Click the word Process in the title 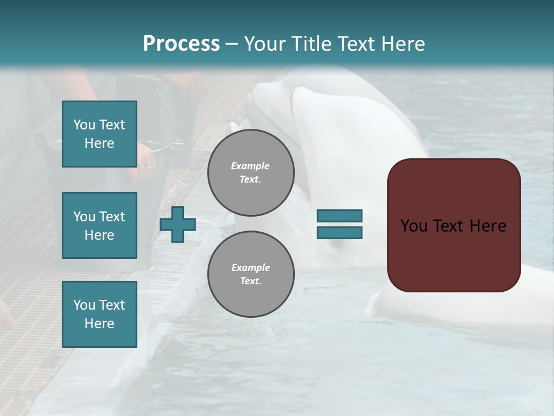pyautogui.click(x=181, y=44)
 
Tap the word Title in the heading pyautogui.click(x=312, y=44)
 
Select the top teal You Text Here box pyautogui.click(x=99, y=134)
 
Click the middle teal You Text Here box pyautogui.click(x=99, y=225)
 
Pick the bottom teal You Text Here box pyautogui.click(x=99, y=314)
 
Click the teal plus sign pyautogui.click(x=178, y=224)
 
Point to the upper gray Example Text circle pyautogui.click(x=251, y=173)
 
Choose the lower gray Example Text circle pyautogui.click(x=251, y=274)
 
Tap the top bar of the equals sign pyautogui.click(x=339, y=216)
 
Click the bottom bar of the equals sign pyautogui.click(x=339, y=232)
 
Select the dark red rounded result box pyautogui.click(x=454, y=225)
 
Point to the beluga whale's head pyautogui.click(x=277, y=98)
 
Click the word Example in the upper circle pyautogui.click(x=250, y=166)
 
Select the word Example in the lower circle pyautogui.click(x=250, y=268)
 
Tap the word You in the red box pyautogui.click(x=414, y=225)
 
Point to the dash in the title pyautogui.click(x=231, y=44)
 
